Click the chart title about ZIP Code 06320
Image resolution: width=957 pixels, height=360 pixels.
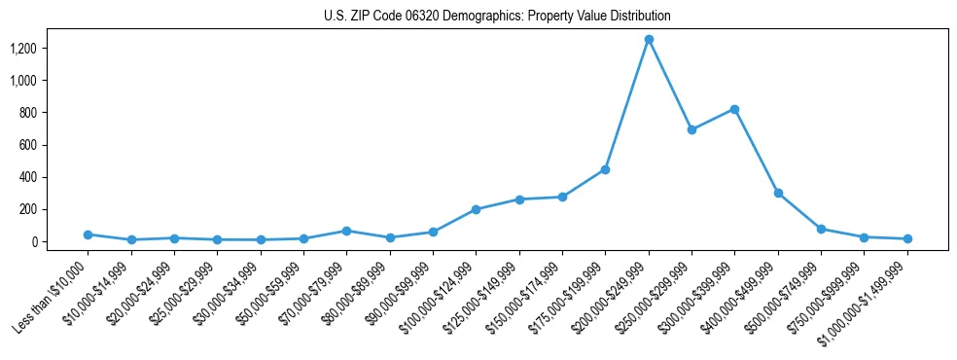click(497, 17)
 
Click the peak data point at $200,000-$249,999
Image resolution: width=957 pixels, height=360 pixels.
click(649, 40)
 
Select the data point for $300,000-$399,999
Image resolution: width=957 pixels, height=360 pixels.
click(734, 109)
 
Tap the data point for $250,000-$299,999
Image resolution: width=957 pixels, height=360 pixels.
click(691, 129)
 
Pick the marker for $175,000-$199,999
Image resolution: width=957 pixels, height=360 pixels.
click(605, 169)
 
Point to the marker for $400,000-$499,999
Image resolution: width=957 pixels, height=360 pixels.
click(778, 193)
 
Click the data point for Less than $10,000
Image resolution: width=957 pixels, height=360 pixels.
click(89, 234)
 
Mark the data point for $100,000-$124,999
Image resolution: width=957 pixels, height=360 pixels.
click(476, 209)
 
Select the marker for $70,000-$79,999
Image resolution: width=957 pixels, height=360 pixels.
click(346, 231)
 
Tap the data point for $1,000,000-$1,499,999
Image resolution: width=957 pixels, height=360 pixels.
click(907, 238)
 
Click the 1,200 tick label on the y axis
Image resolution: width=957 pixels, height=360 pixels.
click(23, 49)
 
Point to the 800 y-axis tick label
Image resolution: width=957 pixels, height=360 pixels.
click(28, 113)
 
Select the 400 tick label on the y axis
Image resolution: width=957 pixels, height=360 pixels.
click(28, 177)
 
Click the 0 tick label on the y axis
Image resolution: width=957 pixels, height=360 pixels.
click(34, 241)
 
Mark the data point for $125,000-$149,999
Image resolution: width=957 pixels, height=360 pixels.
click(519, 199)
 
